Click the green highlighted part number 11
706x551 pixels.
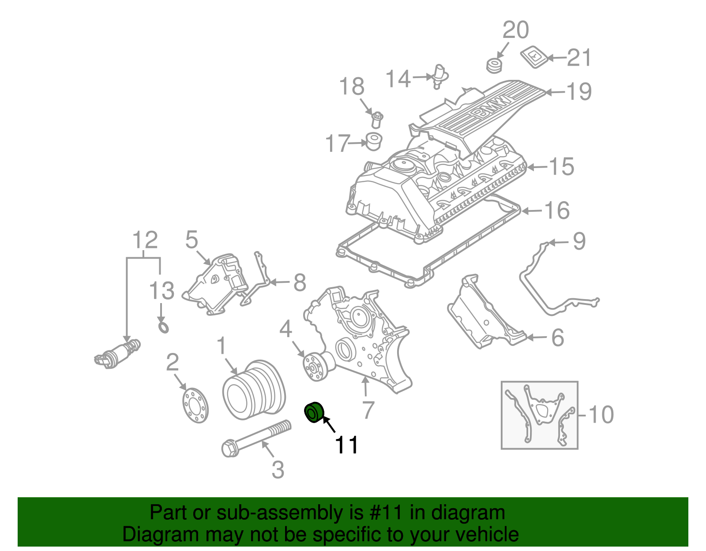(314, 412)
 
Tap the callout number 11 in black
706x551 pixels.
(347, 445)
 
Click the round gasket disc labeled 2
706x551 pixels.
(195, 405)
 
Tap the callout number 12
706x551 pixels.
(145, 240)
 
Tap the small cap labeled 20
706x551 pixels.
(494, 66)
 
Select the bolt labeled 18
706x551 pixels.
(376, 119)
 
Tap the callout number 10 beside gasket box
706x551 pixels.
(601, 415)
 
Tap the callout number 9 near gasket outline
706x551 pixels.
(579, 241)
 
